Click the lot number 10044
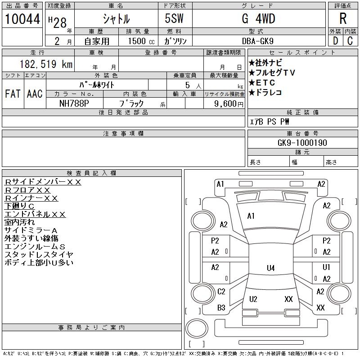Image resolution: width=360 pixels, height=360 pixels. pos(22,19)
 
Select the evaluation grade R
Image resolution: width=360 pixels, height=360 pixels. pos(343,18)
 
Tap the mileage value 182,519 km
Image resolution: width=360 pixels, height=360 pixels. pos(46,64)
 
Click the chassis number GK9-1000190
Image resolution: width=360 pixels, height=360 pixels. pos(302,143)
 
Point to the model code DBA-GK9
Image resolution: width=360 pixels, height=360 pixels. pos(257,41)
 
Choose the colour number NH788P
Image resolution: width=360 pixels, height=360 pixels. pos(74,103)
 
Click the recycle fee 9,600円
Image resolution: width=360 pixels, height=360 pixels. pos(229,104)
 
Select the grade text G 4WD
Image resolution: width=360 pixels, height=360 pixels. pos(258,18)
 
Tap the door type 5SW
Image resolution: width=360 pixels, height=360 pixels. pos(174,18)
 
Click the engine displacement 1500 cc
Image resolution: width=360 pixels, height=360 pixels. pos(141,41)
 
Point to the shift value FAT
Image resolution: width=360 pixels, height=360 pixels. pos(13,94)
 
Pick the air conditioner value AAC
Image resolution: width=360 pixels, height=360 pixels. pos(35,94)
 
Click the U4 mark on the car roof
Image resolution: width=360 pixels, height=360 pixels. pos(271,268)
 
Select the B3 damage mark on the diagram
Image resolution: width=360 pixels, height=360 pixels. pos(221,307)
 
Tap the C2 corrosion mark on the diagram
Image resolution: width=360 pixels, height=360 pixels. pos(221,292)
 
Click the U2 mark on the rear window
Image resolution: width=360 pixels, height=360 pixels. pos(253,299)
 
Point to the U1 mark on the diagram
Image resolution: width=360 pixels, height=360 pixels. pos(326,267)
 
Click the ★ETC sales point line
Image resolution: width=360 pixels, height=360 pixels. pos(262,82)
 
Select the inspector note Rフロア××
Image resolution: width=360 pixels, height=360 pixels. pos(27,190)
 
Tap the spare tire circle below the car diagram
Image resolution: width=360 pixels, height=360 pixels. pos(197,328)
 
